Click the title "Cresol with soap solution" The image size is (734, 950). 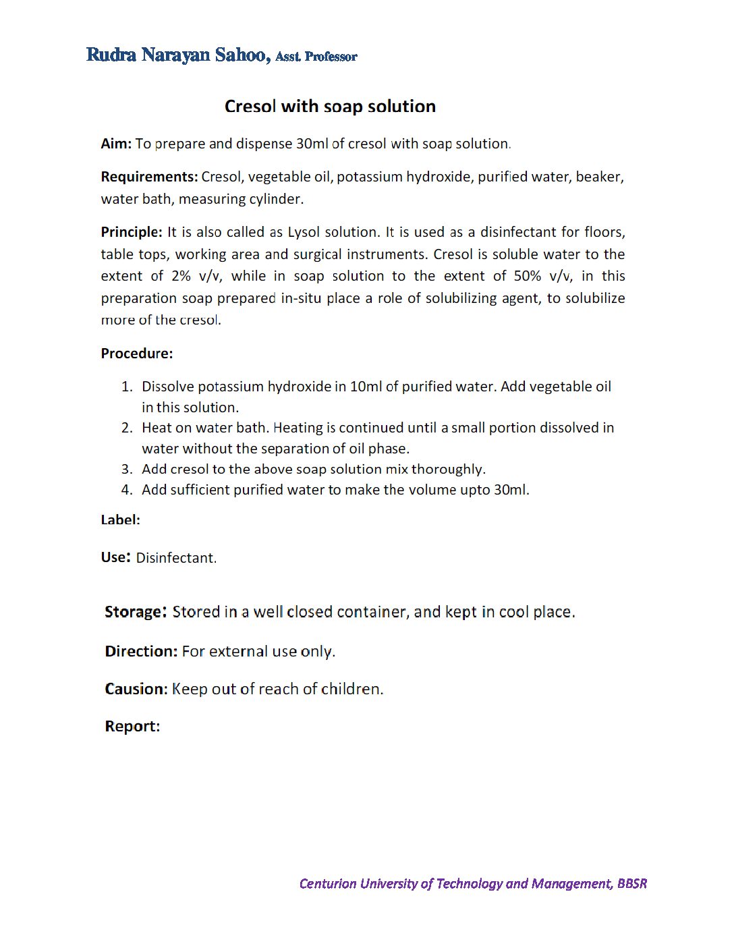[x=330, y=107]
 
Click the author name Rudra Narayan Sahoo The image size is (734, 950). [x=177, y=55]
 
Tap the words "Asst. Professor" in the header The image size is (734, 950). [x=316, y=57]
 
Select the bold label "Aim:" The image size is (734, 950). [x=116, y=144]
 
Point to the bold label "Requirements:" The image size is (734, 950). [x=149, y=177]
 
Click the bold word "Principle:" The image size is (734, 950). [x=132, y=232]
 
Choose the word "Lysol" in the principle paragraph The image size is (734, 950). [x=304, y=232]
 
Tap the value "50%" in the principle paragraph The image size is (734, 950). [x=528, y=276]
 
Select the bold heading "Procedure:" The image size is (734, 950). [x=137, y=354]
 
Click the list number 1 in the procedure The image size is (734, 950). [x=126, y=387]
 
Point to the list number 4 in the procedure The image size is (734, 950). [x=126, y=491]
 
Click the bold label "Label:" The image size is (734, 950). [x=121, y=520]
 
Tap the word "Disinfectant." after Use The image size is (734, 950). [x=176, y=558]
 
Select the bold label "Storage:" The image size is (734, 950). [x=135, y=612]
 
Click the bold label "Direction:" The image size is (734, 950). [x=141, y=652]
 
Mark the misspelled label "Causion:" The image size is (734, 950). [x=136, y=689]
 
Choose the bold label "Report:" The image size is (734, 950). [x=132, y=727]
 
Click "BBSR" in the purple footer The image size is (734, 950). [x=631, y=884]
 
